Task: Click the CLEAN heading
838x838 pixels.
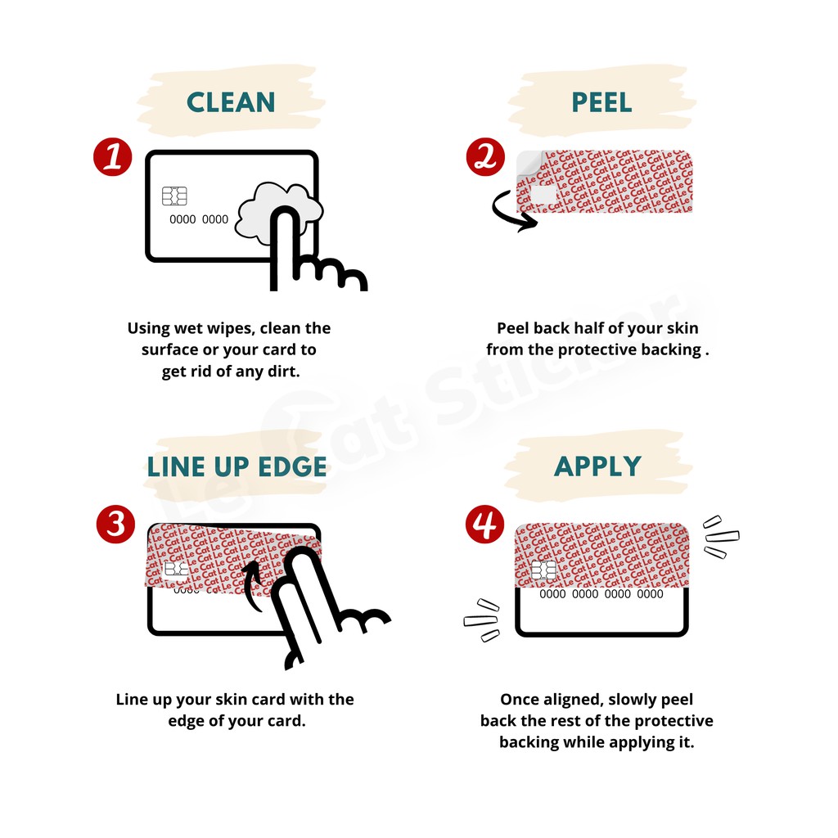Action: pos(231,102)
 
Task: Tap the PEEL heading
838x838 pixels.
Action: pos(601,102)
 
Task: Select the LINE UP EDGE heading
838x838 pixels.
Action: pos(237,466)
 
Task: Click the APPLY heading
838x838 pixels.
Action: pos(597,466)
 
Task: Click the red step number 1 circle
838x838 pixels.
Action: pos(113,156)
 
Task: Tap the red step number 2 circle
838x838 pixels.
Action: pos(485,156)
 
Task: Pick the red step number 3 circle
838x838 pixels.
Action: pos(115,524)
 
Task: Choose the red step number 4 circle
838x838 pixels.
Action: pos(484,524)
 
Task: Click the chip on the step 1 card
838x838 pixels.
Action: pos(175,196)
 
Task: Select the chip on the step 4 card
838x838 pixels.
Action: pos(544,570)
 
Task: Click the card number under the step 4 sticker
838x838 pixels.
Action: pos(601,594)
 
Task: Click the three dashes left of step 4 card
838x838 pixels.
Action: pos(481,620)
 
